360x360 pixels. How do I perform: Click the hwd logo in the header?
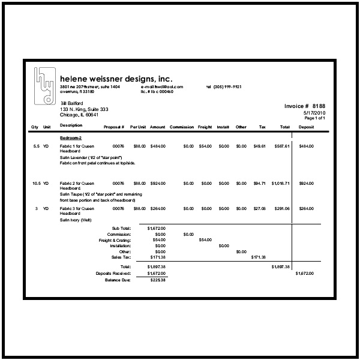point(45,84)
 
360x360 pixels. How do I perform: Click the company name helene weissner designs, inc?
point(116,79)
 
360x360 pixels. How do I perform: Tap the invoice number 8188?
point(305,106)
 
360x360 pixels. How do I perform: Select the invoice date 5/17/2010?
point(314,112)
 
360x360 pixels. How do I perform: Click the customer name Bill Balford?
point(71,103)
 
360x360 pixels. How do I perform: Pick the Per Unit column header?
point(138,127)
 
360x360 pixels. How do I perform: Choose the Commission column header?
point(182,127)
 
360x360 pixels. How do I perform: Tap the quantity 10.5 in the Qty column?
point(36,183)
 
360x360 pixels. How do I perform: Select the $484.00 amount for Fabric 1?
point(158,146)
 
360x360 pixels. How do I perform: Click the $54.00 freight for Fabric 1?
point(205,146)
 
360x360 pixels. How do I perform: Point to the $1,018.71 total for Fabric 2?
point(280,183)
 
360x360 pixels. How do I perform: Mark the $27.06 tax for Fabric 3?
point(259,208)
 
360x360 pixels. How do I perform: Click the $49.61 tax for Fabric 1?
point(259,146)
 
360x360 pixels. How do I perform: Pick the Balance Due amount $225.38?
point(157,280)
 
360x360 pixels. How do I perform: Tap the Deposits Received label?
point(113,273)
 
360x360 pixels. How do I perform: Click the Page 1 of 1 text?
point(314,118)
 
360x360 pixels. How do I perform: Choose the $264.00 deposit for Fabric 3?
point(306,208)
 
